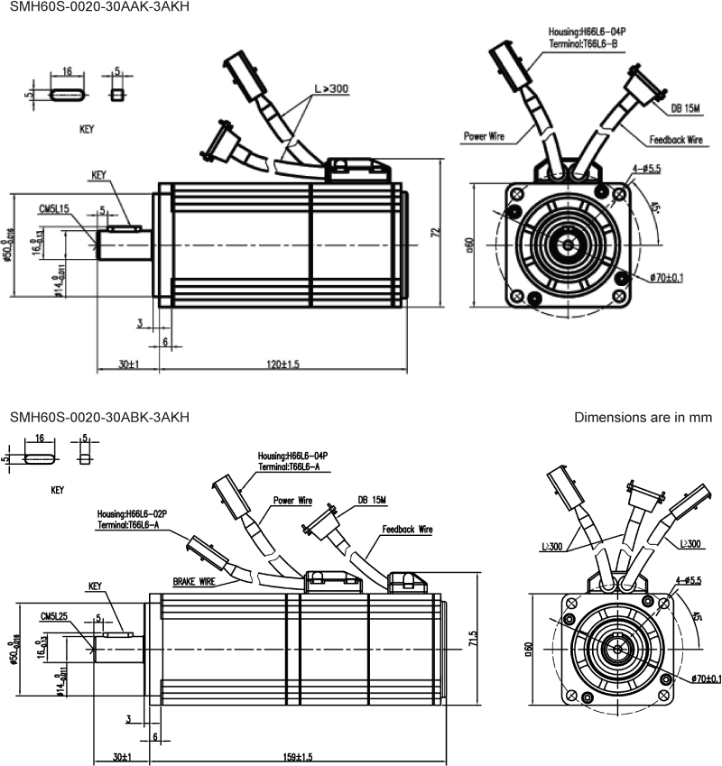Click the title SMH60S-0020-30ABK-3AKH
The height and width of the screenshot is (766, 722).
pos(99,417)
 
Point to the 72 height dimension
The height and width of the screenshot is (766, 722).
pos(436,233)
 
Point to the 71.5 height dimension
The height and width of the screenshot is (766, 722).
pos(473,640)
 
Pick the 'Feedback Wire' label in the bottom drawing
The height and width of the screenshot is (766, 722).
pos(407,530)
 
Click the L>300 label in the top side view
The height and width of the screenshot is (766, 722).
pos(331,88)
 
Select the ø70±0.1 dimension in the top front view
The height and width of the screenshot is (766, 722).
pos(665,277)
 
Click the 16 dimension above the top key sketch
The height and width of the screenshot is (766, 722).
pos(67,70)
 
